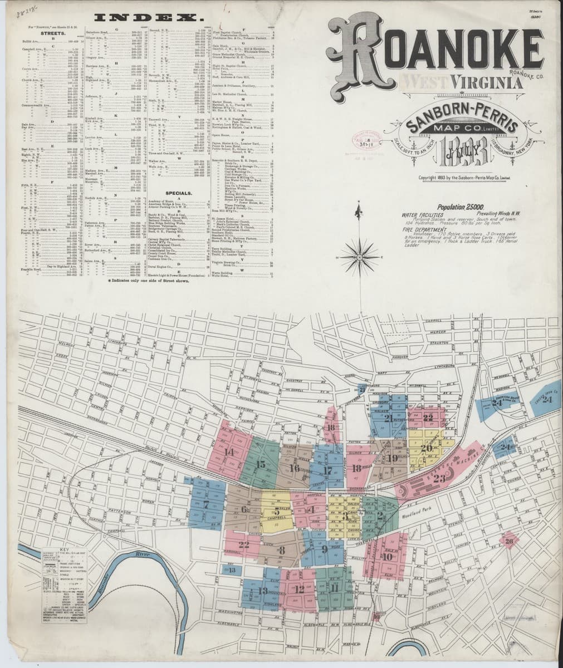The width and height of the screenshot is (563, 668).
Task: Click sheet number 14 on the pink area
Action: tap(229, 451)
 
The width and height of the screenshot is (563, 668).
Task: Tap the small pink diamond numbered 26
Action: tap(508, 541)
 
